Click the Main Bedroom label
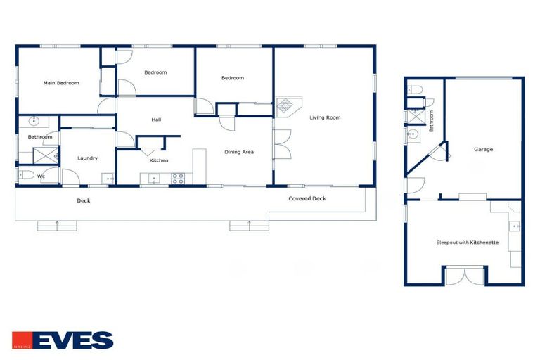click(x=61, y=83)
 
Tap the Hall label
click(x=157, y=120)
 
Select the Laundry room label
click(x=87, y=158)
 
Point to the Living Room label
click(x=325, y=117)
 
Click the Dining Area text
click(x=239, y=152)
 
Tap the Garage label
click(x=483, y=149)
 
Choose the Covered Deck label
click(x=307, y=199)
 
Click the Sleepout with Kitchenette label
click(x=467, y=243)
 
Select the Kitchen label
click(x=159, y=160)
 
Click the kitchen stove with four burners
click(x=178, y=179)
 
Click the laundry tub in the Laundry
click(x=108, y=179)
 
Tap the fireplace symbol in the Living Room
click(x=286, y=107)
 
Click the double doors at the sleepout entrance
click(x=464, y=276)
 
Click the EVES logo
click(x=63, y=341)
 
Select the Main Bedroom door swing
click(x=105, y=106)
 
